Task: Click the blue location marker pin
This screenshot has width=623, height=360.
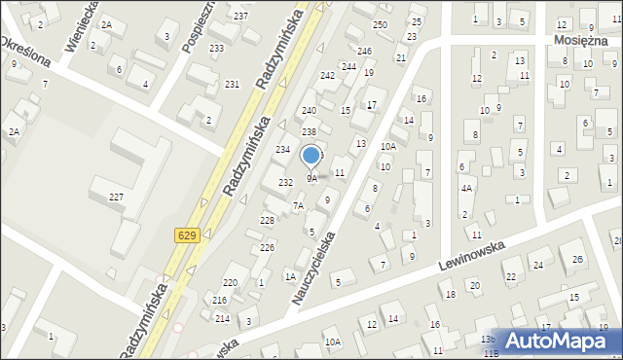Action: pyautogui.click(x=311, y=156)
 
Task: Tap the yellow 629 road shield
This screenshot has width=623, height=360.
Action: pyautogui.click(x=188, y=235)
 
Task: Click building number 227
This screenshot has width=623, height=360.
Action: pyautogui.click(x=116, y=198)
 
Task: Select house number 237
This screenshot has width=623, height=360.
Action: pyautogui.click(x=240, y=17)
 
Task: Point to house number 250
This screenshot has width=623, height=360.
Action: pyautogui.click(x=380, y=24)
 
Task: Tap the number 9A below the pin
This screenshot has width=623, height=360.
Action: pyautogui.click(x=311, y=179)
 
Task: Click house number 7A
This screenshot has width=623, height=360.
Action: pyautogui.click(x=299, y=205)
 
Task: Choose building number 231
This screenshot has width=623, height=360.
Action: pyautogui.click(x=232, y=85)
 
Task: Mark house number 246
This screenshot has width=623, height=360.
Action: pyautogui.click(x=364, y=51)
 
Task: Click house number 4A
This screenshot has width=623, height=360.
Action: pyautogui.click(x=466, y=189)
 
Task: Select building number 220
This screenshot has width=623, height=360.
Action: pyautogui.click(x=230, y=282)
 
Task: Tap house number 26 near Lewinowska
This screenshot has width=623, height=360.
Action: pyautogui.click(x=576, y=259)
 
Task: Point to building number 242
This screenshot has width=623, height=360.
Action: pyautogui.click(x=328, y=75)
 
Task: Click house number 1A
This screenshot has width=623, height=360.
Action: pyautogui.click(x=289, y=277)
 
